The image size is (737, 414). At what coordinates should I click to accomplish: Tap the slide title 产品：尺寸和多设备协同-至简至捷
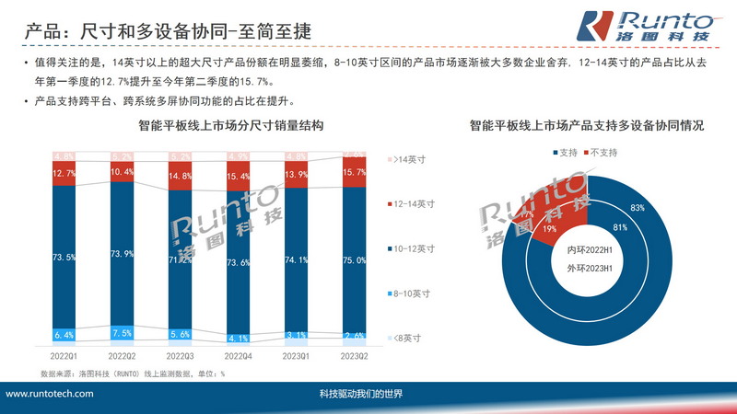click(x=167, y=30)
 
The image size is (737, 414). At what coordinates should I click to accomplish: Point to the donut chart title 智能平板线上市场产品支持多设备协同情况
click(x=587, y=125)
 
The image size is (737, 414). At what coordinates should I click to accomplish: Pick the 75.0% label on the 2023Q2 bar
click(x=355, y=260)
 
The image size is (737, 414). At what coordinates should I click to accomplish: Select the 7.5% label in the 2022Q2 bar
click(x=123, y=332)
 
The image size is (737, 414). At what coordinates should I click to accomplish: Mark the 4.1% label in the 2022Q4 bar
click(x=239, y=337)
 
